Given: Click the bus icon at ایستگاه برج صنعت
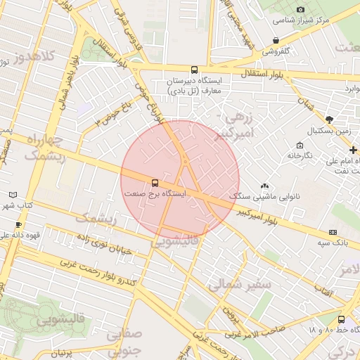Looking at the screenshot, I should pos(155,183).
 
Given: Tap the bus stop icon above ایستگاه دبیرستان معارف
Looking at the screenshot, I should pos(194,70).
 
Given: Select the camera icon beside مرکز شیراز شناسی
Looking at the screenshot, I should pos(301,9).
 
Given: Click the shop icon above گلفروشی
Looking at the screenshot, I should pos(276,41).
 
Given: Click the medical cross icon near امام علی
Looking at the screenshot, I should pos(353,150).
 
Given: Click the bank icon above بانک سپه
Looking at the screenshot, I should pos(332,232).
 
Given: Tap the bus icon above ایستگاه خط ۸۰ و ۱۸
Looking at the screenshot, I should pos(342,319).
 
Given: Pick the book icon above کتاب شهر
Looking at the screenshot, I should pos(12,194).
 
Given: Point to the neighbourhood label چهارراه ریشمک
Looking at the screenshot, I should pos(44,148).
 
